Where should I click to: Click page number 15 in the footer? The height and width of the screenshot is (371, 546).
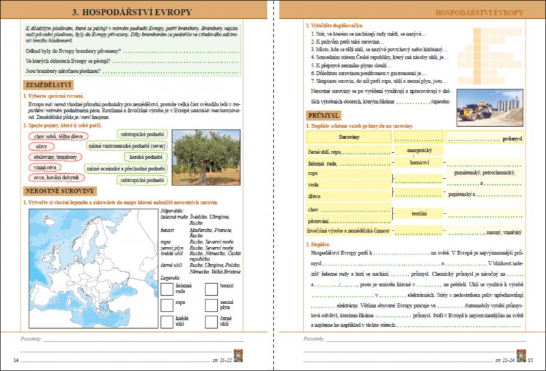point(531,359)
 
